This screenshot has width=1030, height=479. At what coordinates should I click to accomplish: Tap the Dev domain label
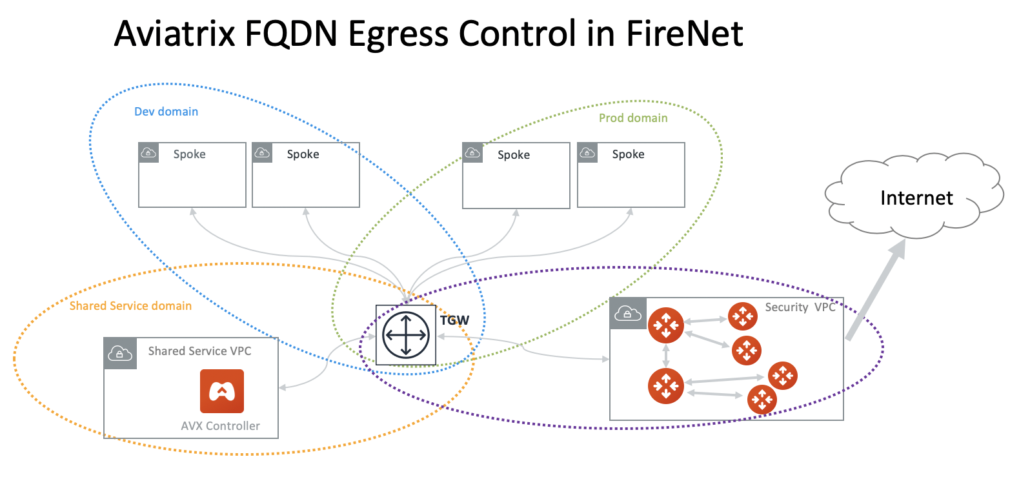(166, 112)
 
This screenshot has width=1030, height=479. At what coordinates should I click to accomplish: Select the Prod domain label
(633, 118)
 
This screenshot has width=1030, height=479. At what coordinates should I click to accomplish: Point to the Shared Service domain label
(130, 306)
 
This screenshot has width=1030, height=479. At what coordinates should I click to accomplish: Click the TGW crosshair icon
(405, 335)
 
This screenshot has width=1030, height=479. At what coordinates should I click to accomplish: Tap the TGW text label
(454, 320)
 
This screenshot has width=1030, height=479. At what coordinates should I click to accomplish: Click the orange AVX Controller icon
(221, 391)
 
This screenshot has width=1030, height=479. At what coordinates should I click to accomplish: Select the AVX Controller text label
(220, 426)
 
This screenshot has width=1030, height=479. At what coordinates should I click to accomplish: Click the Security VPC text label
(800, 307)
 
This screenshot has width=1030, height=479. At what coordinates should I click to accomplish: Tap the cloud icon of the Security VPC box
(627, 314)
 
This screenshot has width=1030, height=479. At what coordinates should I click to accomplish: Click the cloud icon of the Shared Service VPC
(120, 353)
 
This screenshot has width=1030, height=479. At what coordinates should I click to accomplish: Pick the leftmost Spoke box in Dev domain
(192, 175)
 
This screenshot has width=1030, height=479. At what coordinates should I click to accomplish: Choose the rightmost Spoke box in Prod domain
(631, 175)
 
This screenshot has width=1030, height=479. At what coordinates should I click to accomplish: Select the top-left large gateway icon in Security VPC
(665, 325)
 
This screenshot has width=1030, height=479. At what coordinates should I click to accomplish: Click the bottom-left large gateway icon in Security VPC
(665, 386)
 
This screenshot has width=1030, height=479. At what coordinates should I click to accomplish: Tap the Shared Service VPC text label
(199, 351)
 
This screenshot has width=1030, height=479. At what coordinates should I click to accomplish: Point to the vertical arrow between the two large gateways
(666, 356)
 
